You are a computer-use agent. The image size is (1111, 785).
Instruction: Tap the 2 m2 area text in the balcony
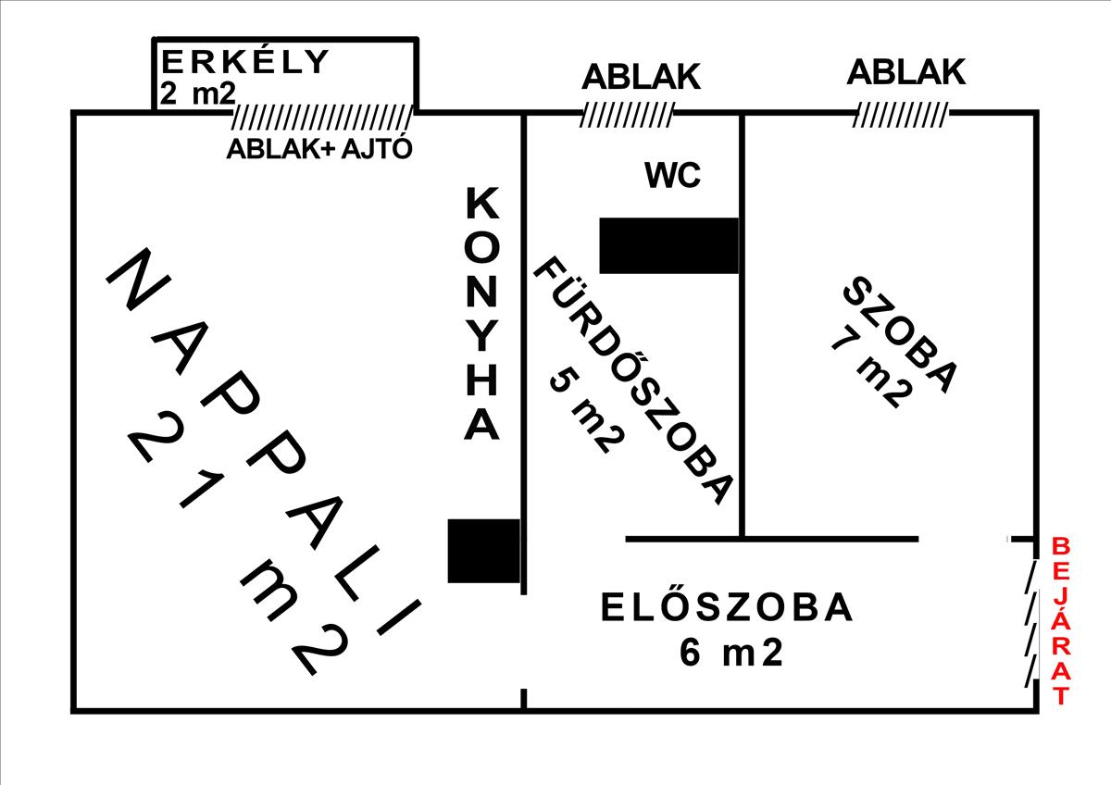pos(197,93)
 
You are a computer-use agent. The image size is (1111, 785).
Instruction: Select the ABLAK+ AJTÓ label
pos(319,148)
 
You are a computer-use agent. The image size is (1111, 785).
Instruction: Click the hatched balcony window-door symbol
pos(323,117)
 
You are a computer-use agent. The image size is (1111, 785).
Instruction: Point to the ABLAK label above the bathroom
pos(642,77)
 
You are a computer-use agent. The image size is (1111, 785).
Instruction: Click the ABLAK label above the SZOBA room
pos(906,72)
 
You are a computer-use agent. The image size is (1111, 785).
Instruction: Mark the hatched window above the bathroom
pos(628,115)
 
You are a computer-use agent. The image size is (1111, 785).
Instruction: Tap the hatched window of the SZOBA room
pos(901,115)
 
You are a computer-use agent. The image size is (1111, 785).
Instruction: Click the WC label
pos(673,175)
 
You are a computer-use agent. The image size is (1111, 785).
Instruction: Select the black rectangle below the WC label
pos(669,245)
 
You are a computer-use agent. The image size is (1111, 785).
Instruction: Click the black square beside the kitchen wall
pos(483,551)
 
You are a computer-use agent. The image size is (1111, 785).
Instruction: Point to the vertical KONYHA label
pos(481,314)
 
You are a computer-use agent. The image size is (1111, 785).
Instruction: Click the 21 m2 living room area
pos(239,545)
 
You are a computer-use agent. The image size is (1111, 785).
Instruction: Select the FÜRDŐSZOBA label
pos(634,380)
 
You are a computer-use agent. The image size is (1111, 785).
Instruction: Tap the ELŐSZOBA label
pos(727,607)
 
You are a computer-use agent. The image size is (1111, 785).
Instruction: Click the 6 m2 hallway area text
pos(731,653)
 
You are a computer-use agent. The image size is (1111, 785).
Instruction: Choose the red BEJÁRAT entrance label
pos(1061,621)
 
